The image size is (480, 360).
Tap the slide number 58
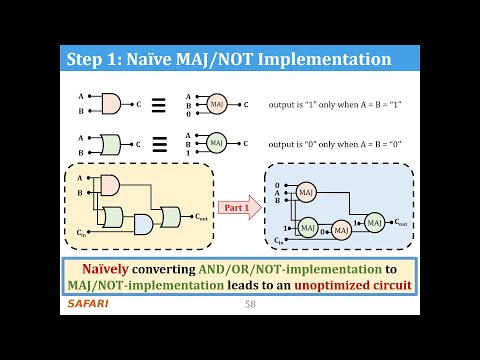click(x=251, y=303)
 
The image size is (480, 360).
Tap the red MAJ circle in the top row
click(x=217, y=103)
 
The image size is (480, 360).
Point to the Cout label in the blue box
click(x=401, y=222)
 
